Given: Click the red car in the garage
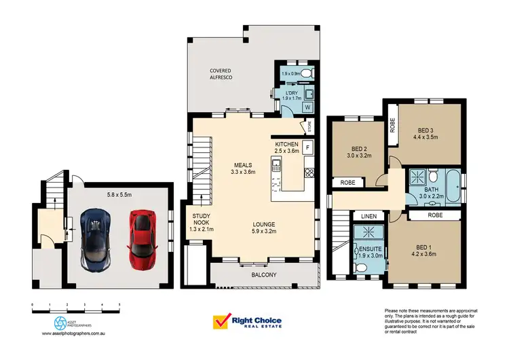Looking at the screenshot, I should [141, 238].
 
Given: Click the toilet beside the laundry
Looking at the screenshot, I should [307, 73].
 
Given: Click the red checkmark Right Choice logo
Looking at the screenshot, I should [222, 321].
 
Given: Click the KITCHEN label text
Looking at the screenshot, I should [287, 145].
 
